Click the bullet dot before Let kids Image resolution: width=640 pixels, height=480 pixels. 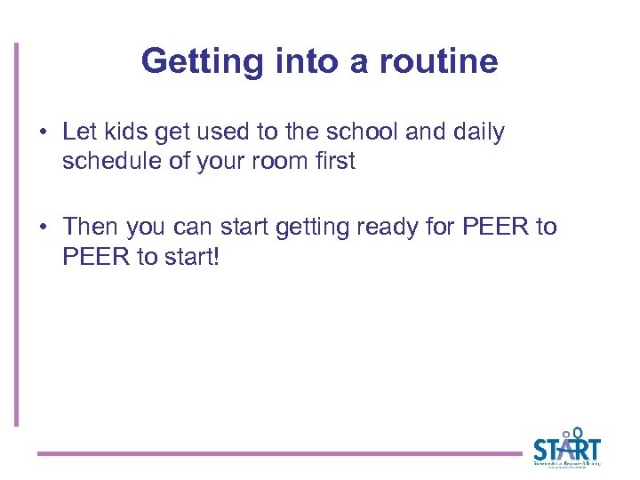43,133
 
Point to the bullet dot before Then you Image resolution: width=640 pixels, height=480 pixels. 43,228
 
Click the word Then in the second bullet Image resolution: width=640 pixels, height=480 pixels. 91,227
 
